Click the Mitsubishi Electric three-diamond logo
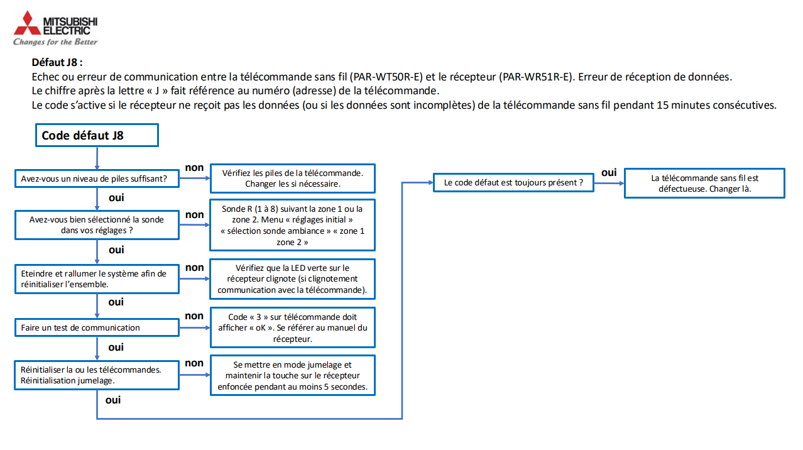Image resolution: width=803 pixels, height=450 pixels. tap(26, 23)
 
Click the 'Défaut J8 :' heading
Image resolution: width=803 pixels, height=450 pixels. tap(57, 63)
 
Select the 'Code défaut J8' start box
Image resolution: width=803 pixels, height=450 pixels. tap(96, 135)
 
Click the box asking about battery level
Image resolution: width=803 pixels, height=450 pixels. tap(97, 178)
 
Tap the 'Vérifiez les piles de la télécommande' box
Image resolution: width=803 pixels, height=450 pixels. tap(292, 178)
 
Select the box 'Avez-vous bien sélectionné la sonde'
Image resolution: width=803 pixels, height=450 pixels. tap(97, 224)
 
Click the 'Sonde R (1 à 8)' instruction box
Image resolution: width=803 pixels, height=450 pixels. tap(292, 225)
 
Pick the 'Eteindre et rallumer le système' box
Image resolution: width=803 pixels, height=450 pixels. tap(97, 278)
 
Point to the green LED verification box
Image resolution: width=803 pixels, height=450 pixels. tap(292, 278)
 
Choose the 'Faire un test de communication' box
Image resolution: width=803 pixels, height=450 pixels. tap(97, 327)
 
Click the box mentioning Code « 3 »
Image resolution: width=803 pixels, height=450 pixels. tap(292, 327)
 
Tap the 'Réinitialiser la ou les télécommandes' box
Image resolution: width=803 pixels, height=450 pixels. tap(97, 375)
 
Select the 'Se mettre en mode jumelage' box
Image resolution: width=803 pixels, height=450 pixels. tap(292, 375)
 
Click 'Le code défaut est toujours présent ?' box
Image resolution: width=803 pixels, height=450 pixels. tap(513, 183)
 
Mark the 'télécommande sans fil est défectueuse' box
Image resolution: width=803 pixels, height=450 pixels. tap(704, 183)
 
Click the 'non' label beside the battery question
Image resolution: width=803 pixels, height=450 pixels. tap(194, 167)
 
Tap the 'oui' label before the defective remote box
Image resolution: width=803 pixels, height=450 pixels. tap(608, 172)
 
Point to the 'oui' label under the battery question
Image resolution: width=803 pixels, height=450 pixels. tap(116, 197)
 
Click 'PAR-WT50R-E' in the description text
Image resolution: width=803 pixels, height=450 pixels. tap(387, 77)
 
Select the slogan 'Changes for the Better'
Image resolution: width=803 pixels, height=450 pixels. tap(55, 42)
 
